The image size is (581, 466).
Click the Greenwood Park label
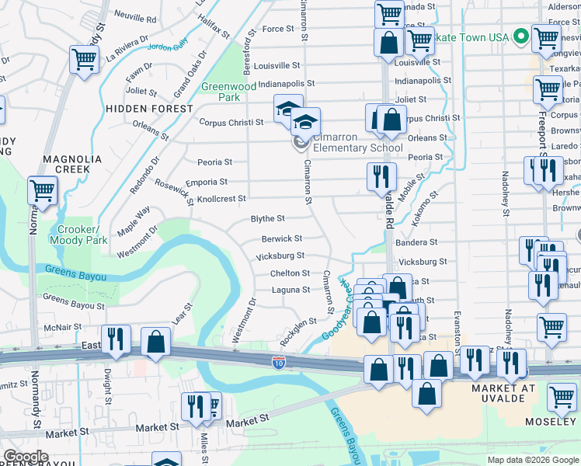pos(221,92)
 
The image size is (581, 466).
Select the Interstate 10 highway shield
pos(279,362)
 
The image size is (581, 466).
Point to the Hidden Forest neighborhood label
pos(149,109)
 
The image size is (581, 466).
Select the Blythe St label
pos(267,219)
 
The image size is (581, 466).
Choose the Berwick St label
pos(281,239)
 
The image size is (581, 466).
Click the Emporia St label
pos(211,183)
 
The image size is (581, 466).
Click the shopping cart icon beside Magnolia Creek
pos(42,190)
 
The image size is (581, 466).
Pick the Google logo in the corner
pos(26,457)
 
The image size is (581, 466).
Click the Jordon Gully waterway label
pos(169,47)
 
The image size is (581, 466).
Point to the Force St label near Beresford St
pos(278,29)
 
